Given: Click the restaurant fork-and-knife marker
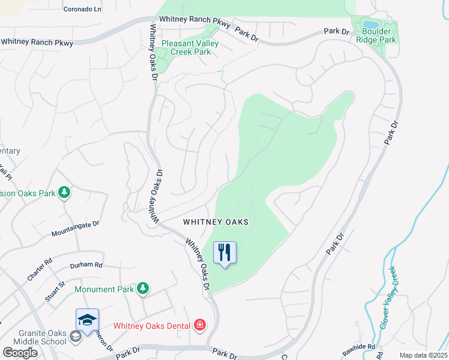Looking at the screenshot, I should tap(224, 253).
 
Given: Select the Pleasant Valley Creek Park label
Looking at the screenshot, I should tap(190, 48).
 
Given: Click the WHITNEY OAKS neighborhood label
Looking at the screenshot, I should tap(215, 221).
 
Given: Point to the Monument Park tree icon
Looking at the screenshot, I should tap(142, 289).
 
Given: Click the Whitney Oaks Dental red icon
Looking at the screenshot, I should tap(199, 326).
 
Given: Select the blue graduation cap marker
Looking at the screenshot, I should tap(87, 320).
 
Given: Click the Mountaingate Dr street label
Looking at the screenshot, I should tap(75, 228).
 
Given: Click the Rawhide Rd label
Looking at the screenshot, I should tap(360, 346).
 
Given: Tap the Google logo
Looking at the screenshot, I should tap(20, 353).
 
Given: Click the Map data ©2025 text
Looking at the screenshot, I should tap(423, 355).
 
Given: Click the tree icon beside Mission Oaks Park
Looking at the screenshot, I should tap(64, 193).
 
